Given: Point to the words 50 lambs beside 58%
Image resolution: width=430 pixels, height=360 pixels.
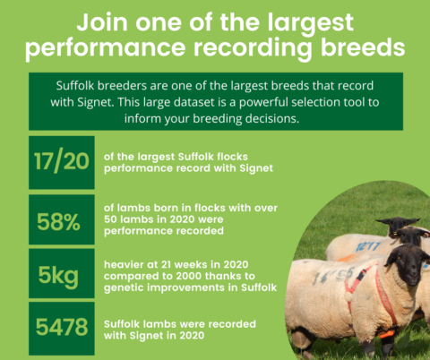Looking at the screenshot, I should coord(143,220).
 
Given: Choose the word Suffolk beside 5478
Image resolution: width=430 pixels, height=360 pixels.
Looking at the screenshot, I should coord(138,322).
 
